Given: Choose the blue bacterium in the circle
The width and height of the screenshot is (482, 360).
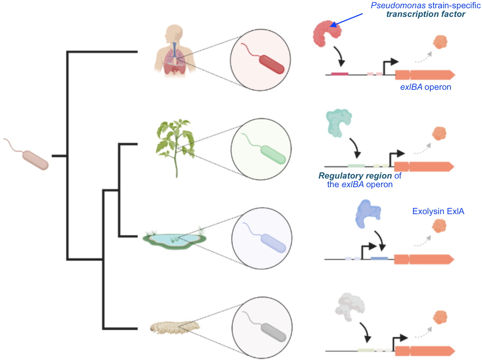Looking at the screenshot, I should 273,243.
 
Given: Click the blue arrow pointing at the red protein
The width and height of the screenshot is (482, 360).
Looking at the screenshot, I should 347,20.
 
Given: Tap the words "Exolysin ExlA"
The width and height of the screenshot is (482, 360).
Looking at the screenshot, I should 438,211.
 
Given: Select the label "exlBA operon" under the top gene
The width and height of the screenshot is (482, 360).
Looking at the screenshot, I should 426,87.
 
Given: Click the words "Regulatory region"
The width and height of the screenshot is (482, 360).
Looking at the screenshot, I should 355,176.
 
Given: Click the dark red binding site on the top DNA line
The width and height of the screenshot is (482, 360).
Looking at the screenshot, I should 339,74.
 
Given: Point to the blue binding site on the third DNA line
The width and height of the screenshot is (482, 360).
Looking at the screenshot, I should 379,258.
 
